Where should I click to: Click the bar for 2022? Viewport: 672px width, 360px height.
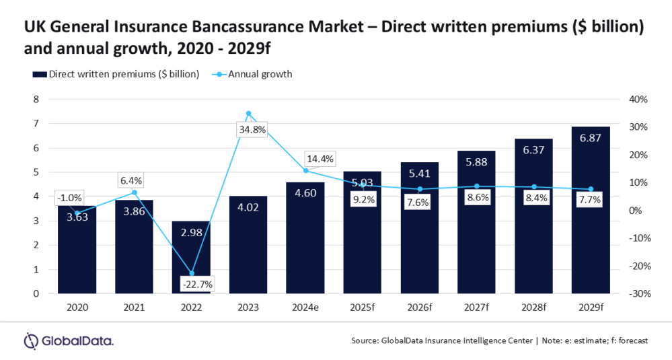(x=191, y=259)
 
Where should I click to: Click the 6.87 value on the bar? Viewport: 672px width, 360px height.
(x=591, y=139)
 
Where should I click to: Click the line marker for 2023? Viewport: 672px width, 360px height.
(x=248, y=114)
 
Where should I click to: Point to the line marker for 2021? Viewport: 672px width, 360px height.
(x=134, y=192)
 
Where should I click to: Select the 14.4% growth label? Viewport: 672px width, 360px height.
(x=320, y=159)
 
